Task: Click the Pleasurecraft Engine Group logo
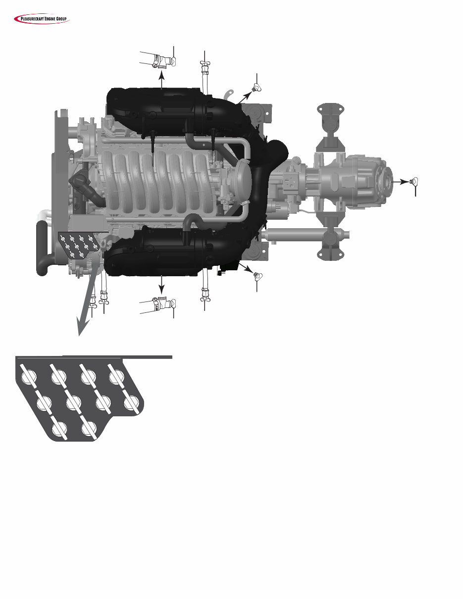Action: (x=42, y=19)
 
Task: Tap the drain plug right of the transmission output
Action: (x=413, y=181)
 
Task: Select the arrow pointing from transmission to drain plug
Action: (x=400, y=182)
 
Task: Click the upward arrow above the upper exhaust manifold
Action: (x=161, y=79)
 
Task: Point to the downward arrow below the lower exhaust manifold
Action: (x=161, y=285)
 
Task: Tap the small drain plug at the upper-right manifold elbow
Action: (x=256, y=88)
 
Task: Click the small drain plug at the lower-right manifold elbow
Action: (x=258, y=276)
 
